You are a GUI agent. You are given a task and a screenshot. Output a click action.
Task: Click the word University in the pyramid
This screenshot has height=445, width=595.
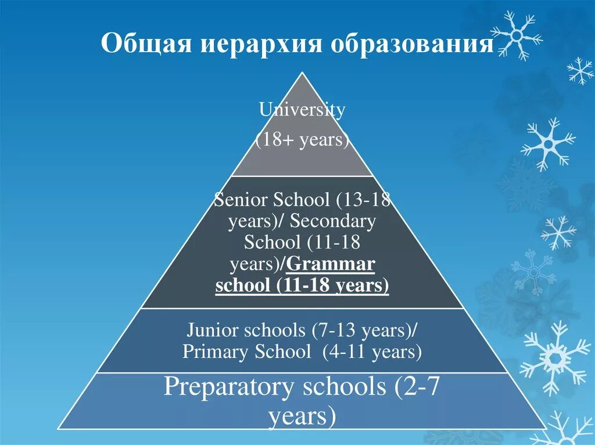[x=302, y=110]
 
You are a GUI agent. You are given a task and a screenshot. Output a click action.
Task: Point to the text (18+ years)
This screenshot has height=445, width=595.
[x=302, y=140]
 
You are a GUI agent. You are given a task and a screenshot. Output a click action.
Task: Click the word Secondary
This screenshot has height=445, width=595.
[x=332, y=221]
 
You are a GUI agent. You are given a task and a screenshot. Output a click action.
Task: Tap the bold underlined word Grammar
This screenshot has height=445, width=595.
[x=331, y=264]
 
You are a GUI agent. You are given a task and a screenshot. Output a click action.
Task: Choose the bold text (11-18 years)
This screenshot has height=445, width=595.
[x=333, y=285]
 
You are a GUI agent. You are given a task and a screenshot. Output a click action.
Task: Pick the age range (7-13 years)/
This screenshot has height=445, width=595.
[x=364, y=330]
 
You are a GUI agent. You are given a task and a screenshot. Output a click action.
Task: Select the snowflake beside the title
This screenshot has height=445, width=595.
[x=515, y=35]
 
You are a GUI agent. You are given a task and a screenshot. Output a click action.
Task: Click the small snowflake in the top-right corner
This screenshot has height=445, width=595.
[x=580, y=71]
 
